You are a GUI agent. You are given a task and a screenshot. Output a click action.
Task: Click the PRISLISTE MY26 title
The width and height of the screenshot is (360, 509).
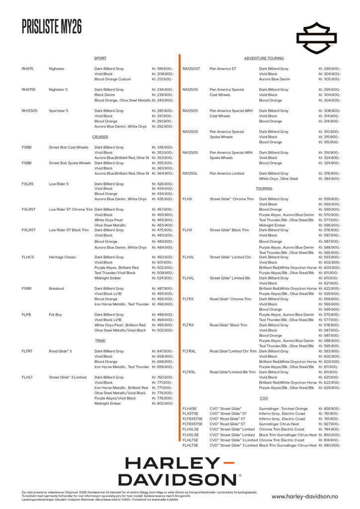52,27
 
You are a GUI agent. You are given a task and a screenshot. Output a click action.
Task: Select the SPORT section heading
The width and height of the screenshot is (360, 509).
100,59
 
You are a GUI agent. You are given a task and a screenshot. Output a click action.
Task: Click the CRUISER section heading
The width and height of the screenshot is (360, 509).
100,137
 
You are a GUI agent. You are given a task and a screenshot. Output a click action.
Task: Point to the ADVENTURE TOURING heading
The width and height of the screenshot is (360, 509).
264,59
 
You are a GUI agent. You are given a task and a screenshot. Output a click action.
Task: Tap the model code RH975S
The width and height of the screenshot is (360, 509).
28,90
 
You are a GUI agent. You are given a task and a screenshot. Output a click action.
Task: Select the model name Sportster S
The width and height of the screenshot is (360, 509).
59,111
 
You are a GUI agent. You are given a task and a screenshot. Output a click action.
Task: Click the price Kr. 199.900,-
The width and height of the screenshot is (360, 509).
163,69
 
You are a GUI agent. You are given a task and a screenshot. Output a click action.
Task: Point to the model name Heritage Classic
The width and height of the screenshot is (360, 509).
62,257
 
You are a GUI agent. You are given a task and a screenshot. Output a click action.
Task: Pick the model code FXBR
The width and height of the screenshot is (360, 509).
27,288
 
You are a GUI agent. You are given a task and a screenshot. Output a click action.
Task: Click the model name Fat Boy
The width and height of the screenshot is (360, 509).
56,315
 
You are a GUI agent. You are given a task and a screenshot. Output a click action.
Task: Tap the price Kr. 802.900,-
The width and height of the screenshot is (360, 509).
163,404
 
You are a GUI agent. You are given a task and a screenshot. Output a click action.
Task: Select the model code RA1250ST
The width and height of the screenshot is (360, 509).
191,69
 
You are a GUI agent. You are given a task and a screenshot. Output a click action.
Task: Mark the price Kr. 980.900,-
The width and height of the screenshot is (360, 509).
330,445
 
